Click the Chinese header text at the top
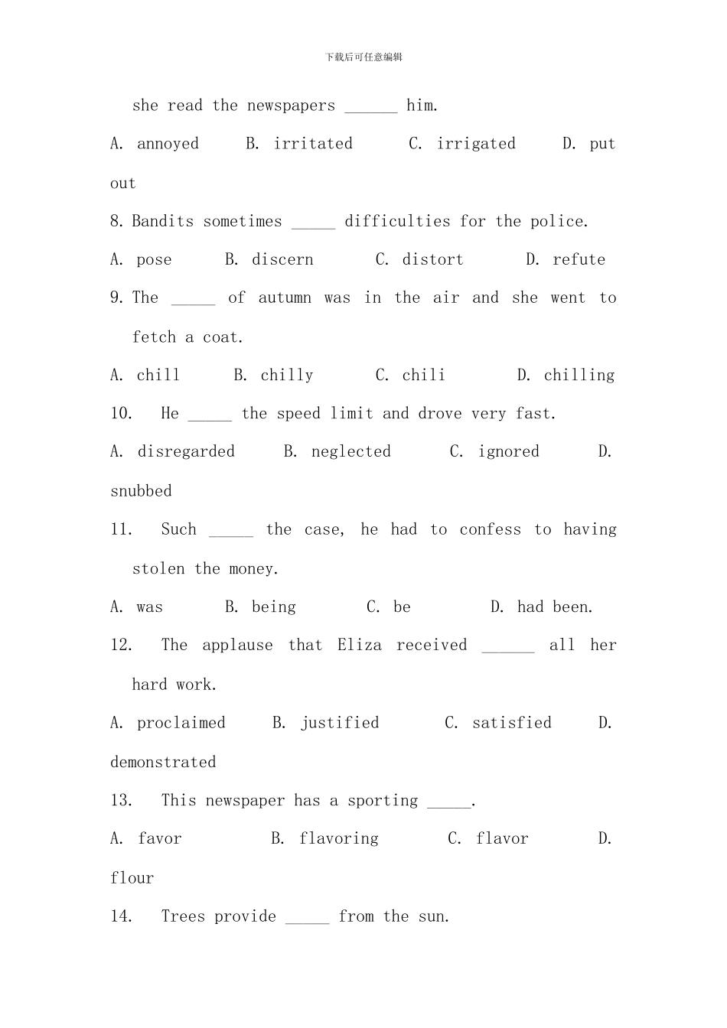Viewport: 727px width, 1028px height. [x=363, y=57]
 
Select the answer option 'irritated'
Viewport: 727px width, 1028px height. [x=313, y=144]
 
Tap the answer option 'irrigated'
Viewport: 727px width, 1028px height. [x=476, y=144]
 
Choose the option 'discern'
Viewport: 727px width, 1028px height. [x=282, y=260]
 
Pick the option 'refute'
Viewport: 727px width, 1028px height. [x=579, y=260]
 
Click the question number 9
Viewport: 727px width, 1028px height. [x=117, y=298]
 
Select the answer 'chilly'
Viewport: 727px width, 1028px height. [x=287, y=376]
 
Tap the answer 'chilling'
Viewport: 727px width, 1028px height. [x=579, y=376]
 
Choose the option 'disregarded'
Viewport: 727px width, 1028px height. [x=186, y=452]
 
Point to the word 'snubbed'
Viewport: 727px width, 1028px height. [x=142, y=491]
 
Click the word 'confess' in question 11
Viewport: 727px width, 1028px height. [x=490, y=530]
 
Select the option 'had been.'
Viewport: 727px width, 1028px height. [x=555, y=607]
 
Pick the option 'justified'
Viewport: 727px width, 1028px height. [x=340, y=723]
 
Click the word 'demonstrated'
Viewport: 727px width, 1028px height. [x=163, y=763]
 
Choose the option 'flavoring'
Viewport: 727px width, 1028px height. [x=339, y=839]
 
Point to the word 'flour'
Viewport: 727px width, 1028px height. [x=132, y=878]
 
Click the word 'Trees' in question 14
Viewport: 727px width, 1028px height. [x=183, y=916]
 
